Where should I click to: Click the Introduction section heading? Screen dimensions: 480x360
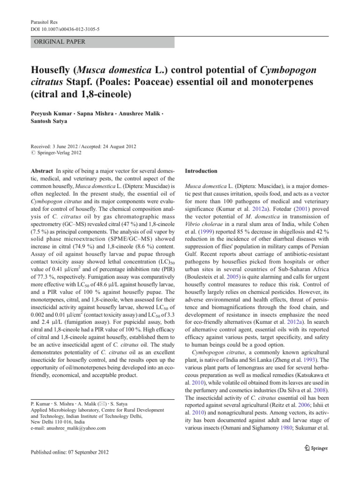point(201,171)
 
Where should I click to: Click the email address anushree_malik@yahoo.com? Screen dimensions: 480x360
point(67,428)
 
